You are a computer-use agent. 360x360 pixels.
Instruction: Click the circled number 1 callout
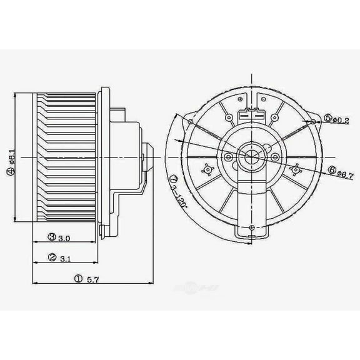click(x=78, y=279)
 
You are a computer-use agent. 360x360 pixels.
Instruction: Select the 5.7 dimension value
click(x=92, y=279)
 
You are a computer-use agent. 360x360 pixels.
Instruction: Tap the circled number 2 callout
click(x=52, y=257)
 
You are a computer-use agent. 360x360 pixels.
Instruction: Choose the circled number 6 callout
click(x=332, y=169)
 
